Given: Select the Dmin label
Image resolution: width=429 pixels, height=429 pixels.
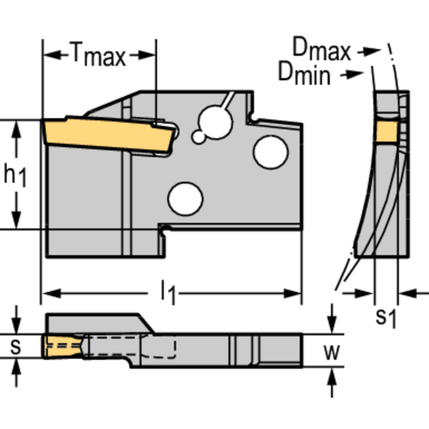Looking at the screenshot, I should (x=304, y=73).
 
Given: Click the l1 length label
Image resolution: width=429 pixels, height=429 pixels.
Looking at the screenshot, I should (x=168, y=293).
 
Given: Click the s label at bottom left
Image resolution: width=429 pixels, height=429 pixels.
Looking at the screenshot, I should (x=16, y=347).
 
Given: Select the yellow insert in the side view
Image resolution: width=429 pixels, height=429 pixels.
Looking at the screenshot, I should (x=106, y=133).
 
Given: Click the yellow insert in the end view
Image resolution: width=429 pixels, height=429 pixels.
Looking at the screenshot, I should (x=385, y=131).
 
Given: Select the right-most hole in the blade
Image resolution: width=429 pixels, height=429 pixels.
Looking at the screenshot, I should (x=270, y=152).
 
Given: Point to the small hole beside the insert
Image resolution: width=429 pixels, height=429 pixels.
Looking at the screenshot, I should (x=198, y=136).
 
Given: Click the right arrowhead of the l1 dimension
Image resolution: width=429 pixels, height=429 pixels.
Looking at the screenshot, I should (x=297, y=293).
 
